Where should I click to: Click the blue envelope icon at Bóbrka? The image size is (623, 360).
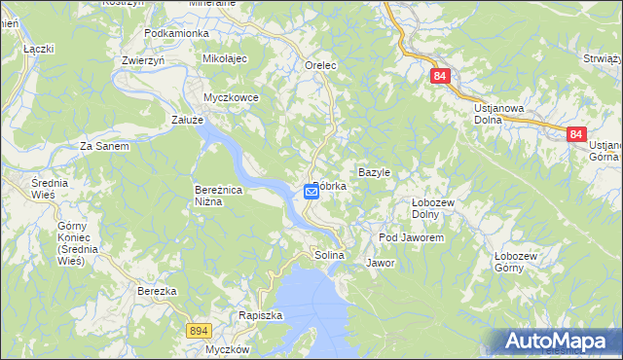311,192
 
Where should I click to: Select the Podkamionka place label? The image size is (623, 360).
176,33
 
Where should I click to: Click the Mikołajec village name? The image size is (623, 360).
226,58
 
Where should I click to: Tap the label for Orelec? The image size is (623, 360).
320,65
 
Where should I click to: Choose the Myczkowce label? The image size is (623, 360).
230,97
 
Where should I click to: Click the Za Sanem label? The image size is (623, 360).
104,146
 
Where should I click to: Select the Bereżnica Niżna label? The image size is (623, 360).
223,196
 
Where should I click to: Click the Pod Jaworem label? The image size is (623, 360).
412,237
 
